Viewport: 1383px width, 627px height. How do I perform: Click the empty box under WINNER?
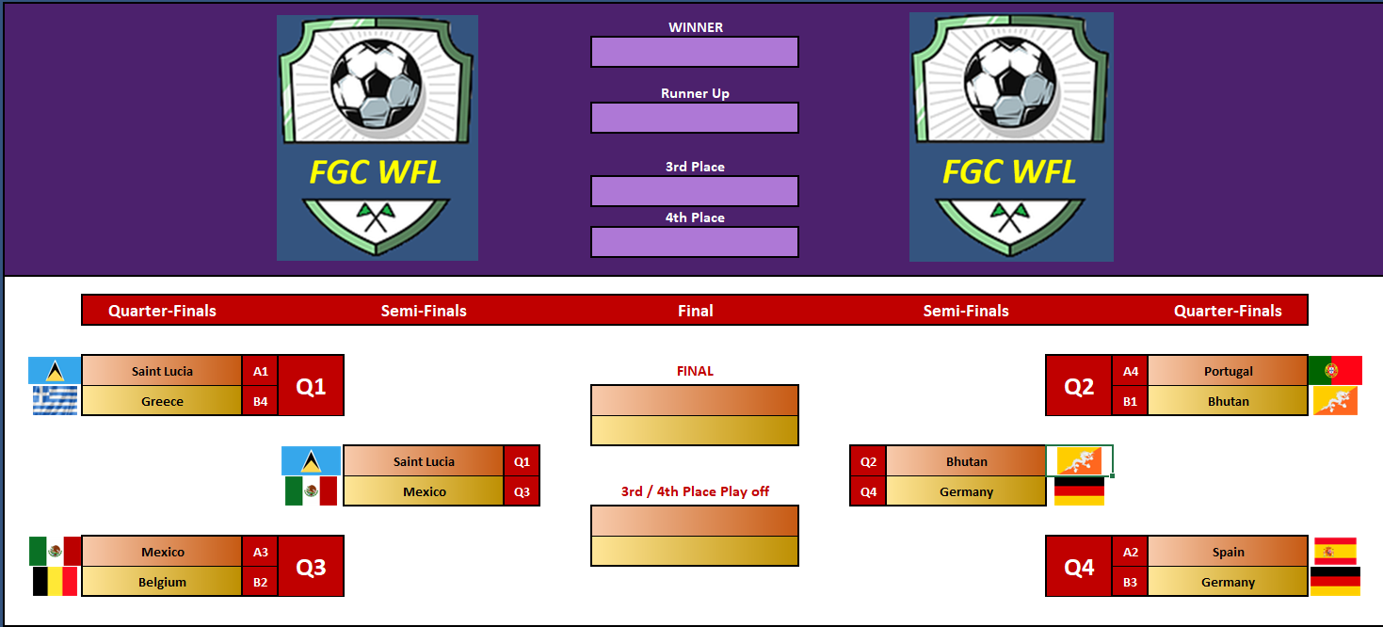[x=694, y=52]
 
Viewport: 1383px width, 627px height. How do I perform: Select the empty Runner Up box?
[x=694, y=118]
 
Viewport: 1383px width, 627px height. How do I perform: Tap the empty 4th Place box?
[x=694, y=242]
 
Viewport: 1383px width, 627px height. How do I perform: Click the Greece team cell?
[x=162, y=401]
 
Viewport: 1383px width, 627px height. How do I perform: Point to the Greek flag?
[x=55, y=401]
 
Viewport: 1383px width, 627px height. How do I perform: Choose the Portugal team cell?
[x=1228, y=371]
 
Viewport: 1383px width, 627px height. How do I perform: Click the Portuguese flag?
[x=1335, y=371]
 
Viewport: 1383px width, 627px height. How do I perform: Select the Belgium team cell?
[x=162, y=582]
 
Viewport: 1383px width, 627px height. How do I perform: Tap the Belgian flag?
[x=55, y=582]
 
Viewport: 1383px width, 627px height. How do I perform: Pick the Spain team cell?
[x=1228, y=552]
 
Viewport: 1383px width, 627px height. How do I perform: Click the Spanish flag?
[x=1335, y=551]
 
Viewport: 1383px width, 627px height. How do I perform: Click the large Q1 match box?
[x=311, y=386]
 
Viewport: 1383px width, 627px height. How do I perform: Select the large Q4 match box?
[x=1079, y=567]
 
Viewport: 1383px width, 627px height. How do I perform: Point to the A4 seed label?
[x=1130, y=371]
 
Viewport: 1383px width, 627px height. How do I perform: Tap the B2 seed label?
[x=260, y=582]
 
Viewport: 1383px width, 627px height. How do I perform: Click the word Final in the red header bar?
[x=695, y=311]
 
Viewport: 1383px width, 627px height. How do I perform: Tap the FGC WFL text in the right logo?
[x=1009, y=172]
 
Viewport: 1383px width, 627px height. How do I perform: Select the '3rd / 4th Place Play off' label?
[x=695, y=491]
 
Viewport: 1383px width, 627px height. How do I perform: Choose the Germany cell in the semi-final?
[x=966, y=491]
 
